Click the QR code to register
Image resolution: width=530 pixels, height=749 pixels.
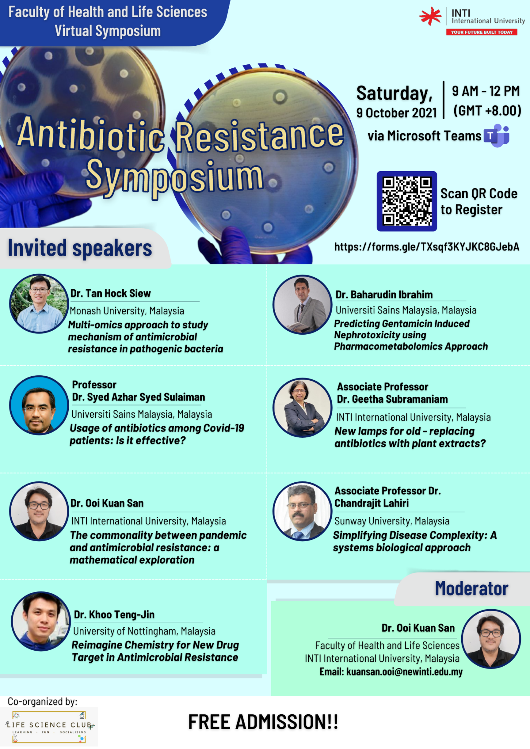coord(407,201)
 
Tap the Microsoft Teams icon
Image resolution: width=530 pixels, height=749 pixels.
coord(497,136)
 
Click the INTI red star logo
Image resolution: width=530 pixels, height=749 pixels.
coord(430,16)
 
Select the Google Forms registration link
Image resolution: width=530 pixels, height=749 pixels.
coord(426,247)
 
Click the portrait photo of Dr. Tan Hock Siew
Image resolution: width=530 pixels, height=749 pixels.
coord(39,304)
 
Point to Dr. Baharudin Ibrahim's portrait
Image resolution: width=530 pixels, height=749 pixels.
coord(302,304)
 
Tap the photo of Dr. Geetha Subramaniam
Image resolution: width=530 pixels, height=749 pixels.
coord(302,407)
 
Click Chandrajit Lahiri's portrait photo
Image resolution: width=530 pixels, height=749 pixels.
coord(302,511)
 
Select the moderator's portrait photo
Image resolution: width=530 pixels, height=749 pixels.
coord(491,639)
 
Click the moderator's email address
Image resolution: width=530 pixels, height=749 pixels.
coord(404,672)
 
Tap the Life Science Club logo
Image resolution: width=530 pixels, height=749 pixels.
coord(49,726)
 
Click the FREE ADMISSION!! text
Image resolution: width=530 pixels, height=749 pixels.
coord(263,722)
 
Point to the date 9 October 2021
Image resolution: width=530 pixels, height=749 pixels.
coord(397,113)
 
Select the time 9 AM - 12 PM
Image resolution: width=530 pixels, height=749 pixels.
coord(486,91)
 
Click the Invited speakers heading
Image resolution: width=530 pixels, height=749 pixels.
coord(80,248)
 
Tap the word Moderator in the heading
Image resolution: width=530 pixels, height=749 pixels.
coord(471,589)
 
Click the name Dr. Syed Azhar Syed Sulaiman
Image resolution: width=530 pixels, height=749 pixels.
coord(138,397)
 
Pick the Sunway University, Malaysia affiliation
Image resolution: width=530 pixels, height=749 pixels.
coord(392,521)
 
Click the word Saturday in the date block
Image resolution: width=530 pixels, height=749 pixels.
coord(394,93)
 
